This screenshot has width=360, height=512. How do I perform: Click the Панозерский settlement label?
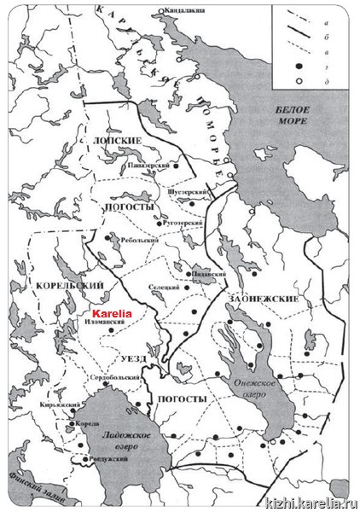(147, 166)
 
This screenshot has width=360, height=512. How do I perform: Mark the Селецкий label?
(162, 288)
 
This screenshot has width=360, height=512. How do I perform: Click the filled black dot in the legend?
(300, 64)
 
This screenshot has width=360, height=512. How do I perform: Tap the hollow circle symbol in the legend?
(300, 79)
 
